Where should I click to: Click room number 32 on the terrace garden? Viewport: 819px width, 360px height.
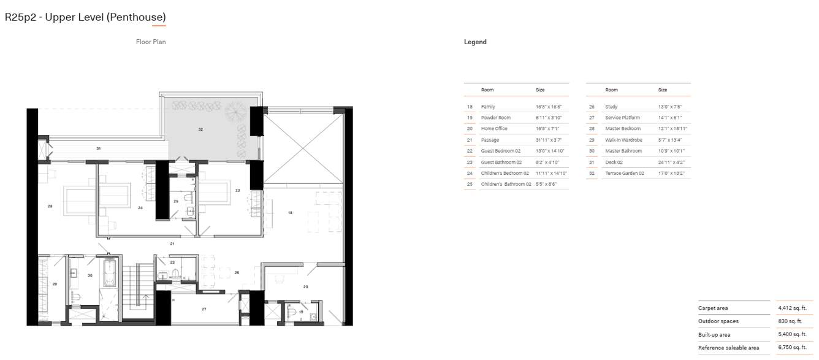click(200, 129)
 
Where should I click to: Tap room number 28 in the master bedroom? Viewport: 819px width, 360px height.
click(50, 206)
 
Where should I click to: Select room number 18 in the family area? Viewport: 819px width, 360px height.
click(291, 213)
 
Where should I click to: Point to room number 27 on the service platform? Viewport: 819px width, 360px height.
click(204, 309)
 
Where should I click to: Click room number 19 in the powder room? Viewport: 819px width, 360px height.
click(301, 312)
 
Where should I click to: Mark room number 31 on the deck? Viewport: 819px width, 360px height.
click(99, 148)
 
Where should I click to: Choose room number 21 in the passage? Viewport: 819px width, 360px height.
click(173, 243)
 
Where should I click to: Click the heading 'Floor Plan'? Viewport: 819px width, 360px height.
click(151, 42)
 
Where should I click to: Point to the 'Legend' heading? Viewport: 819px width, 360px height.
click(475, 42)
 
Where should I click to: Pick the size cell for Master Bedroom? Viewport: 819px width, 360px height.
click(671, 129)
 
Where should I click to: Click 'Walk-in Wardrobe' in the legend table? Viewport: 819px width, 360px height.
click(623, 140)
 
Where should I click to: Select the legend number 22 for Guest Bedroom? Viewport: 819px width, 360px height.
click(470, 151)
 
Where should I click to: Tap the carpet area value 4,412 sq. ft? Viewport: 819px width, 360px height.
click(792, 308)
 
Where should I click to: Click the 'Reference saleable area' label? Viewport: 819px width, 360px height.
click(728, 348)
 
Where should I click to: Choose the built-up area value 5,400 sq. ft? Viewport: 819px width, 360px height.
click(792, 334)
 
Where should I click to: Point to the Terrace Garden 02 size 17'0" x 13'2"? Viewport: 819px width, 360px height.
click(671, 174)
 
